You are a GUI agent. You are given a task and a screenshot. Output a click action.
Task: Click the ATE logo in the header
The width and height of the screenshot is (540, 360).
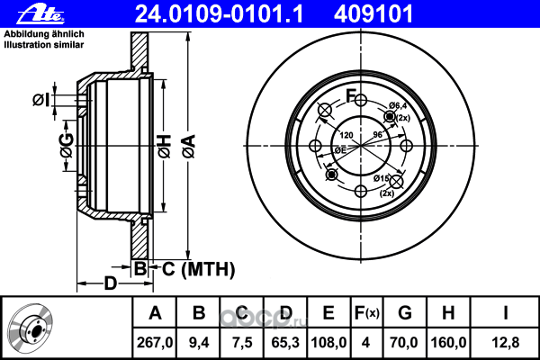pyautogui.click(x=40, y=14)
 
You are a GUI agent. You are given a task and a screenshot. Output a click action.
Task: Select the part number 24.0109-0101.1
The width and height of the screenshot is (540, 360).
pyautogui.click(x=219, y=14)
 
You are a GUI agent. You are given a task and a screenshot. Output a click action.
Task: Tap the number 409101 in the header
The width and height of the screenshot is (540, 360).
pyautogui.click(x=373, y=14)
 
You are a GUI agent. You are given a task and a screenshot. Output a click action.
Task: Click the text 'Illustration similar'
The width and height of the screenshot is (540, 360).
pyautogui.click(x=44, y=45)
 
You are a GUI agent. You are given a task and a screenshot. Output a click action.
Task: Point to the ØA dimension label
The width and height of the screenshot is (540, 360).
pyautogui.click(x=189, y=147)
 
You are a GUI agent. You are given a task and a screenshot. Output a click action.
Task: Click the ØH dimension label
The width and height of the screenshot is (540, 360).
pyautogui.click(x=165, y=147)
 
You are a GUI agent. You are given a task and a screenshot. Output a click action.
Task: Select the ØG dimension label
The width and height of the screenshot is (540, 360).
pyautogui.click(x=67, y=146)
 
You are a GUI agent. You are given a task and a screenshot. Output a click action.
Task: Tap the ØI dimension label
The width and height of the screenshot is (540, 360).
pyautogui.click(x=41, y=100)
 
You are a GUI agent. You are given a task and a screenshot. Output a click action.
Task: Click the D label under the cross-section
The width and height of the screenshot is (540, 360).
pyautogui.click(x=111, y=283)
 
